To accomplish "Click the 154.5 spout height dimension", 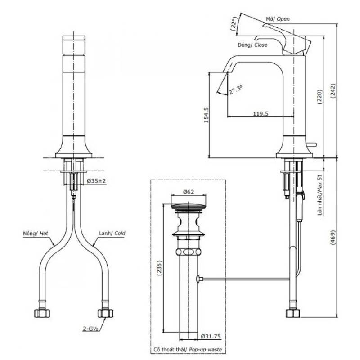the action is (x=206, y=115).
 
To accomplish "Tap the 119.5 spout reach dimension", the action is (x=261, y=114).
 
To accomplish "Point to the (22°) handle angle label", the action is (x=234, y=24).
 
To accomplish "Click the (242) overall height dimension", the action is (x=333, y=91).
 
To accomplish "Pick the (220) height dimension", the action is (x=320, y=97).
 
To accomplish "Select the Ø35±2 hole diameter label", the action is (x=96, y=181).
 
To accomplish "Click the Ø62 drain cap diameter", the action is (x=189, y=192).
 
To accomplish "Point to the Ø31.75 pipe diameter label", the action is (x=211, y=336).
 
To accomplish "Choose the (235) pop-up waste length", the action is (x=159, y=268).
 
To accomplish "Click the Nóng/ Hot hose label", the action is (x=36, y=234).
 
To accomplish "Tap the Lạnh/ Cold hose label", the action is (x=112, y=234).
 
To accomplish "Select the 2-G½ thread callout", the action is (x=90, y=329).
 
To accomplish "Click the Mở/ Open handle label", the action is (x=278, y=19).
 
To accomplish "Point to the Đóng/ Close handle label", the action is (x=252, y=45).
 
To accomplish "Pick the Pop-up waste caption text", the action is (x=206, y=350).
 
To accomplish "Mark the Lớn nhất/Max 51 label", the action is (x=320, y=195).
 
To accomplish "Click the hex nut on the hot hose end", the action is (x=42, y=313).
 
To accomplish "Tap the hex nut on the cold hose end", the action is (x=105, y=313).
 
